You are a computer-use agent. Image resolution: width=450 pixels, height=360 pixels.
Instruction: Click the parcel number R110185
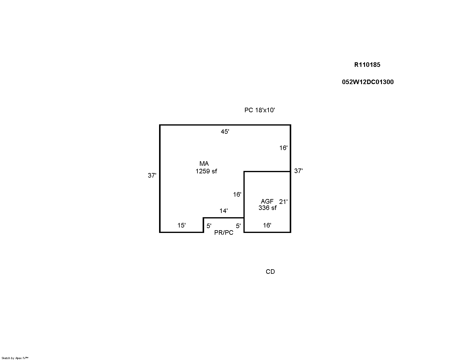(x=367, y=65)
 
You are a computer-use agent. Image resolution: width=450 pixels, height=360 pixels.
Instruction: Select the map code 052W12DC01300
(x=368, y=82)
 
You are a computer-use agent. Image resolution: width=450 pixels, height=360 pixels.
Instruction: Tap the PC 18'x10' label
(x=259, y=110)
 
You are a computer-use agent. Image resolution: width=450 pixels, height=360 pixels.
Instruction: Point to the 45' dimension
(x=225, y=132)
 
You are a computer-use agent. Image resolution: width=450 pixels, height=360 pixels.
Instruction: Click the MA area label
(x=204, y=163)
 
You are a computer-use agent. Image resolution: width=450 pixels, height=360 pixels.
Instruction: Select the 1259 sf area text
(x=206, y=171)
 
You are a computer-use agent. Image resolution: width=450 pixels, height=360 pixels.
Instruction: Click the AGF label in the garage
(x=267, y=201)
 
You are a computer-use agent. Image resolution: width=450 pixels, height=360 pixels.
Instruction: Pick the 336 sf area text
(x=267, y=208)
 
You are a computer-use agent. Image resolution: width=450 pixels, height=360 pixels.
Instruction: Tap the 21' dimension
(x=283, y=202)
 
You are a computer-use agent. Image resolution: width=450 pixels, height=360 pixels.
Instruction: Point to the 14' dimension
(x=223, y=211)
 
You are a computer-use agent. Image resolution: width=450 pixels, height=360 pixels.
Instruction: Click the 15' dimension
(x=181, y=225)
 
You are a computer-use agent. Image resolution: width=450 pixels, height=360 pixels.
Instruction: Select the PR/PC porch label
(x=224, y=233)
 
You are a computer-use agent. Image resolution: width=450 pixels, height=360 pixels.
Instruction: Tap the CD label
(x=270, y=272)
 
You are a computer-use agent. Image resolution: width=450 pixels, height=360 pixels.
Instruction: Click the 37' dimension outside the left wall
(x=152, y=175)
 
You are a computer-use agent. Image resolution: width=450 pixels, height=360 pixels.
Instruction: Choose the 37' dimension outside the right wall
(x=298, y=171)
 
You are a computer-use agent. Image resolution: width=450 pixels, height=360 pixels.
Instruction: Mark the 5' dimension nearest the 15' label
(x=209, y=226)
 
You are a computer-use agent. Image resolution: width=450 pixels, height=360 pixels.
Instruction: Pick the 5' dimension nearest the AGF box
(x=238, y=226)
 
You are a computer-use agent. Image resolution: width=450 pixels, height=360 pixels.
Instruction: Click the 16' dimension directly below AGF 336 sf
(x=267, y=225)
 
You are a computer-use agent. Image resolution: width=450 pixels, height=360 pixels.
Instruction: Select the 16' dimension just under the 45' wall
(x=283, y=148)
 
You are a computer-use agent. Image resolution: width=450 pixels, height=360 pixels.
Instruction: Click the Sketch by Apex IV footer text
(x=15, y=358)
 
